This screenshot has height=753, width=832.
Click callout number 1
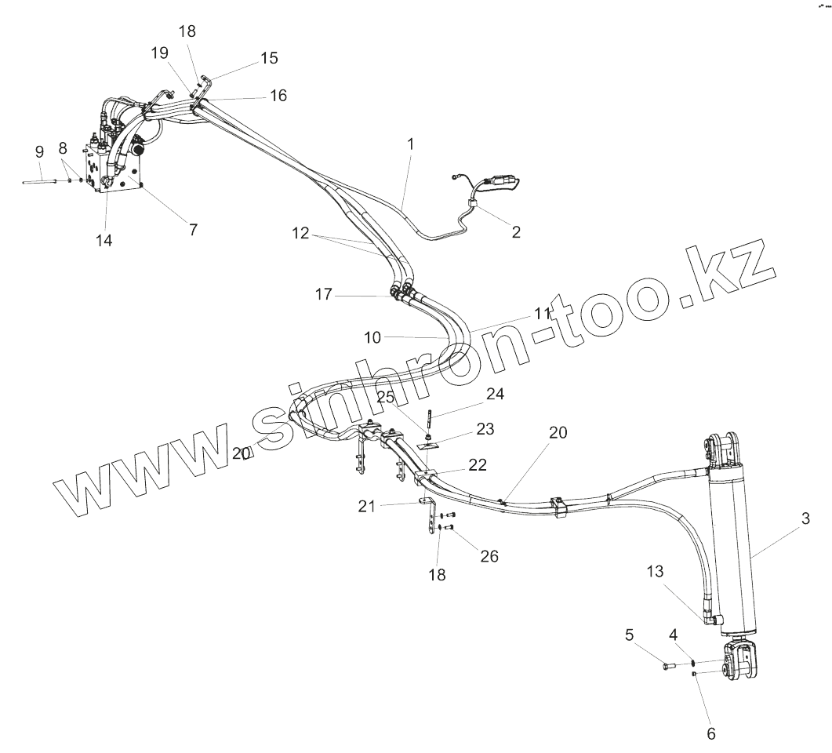point(410,144)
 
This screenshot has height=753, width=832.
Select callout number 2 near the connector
point(515,231)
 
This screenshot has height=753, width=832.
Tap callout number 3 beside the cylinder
point(805,518)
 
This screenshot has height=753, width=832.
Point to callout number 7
point(193,229)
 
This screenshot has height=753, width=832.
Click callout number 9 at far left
point(39,151)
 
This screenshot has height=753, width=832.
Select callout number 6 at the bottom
point(710,733)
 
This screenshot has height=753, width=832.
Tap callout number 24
point(494,393)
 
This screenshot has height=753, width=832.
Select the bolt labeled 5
point(669,666)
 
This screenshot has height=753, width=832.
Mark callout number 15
point(269,58)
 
